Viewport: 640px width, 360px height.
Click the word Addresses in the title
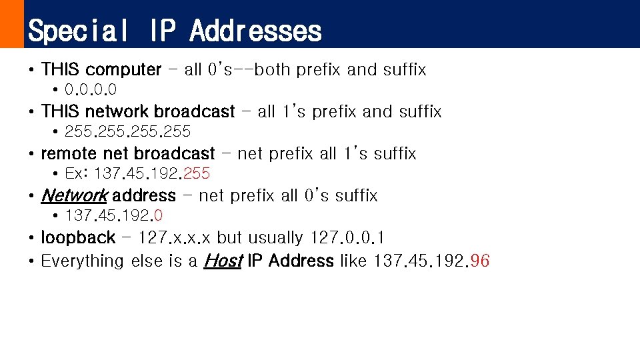[x=256, y=31]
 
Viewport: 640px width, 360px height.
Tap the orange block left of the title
[x=11, y=24]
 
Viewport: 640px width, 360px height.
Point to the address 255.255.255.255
[x=127, y=131]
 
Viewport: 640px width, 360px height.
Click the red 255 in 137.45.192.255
[x=196, y=173]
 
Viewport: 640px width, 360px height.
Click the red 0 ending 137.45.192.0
[x=159, y=215]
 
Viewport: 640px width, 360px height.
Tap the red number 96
[x=480, y=261]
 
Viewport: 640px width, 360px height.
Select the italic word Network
[x=73, y=195]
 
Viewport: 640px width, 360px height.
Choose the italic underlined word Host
[x=222, y=261]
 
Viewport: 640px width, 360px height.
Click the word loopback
[x=78, y=237]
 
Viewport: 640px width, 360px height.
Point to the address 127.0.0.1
[x=347, y=237]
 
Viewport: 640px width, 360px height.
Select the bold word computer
[x=123, y=69]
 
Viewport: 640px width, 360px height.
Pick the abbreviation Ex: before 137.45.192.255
[x=77, y=173]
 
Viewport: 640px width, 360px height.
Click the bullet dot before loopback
[x=31, y=238]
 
